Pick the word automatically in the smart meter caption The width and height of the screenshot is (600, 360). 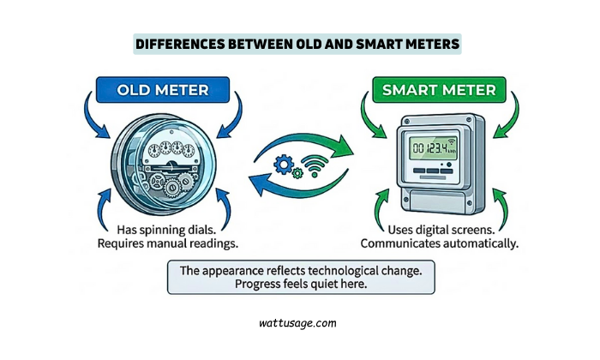pos(483,243)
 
